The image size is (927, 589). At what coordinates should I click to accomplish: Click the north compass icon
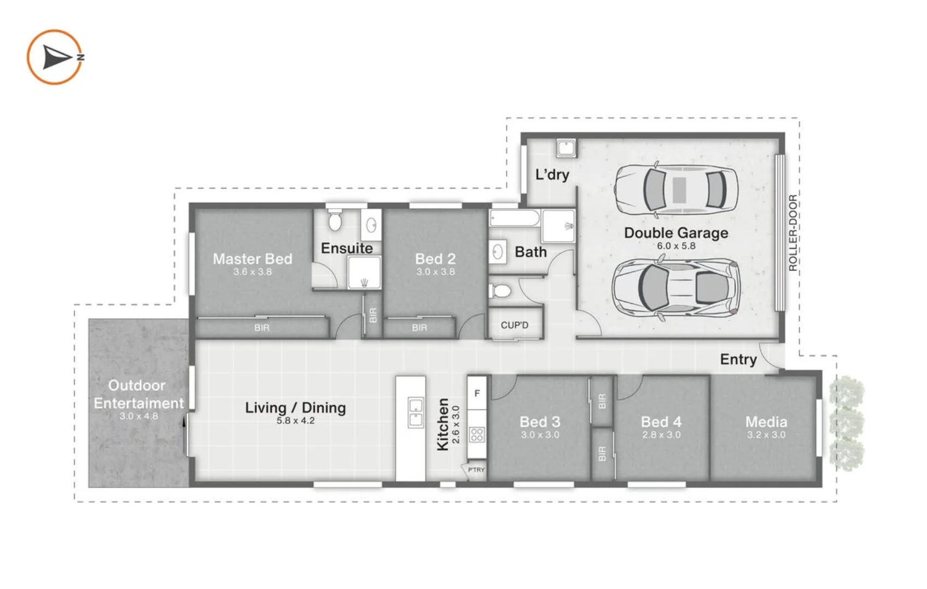pyautogui.click(x=55, y=57)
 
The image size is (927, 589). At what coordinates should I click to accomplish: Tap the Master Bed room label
pyautogui.click(x=252, y=259)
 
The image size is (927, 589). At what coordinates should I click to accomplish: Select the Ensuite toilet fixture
pyautogui.click(x=335, y=221)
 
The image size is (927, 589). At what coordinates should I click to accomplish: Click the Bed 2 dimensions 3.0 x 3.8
pyautogui.click(x=435, y=272)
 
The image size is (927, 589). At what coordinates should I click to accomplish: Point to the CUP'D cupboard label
pyautogui.click(x=514, y=325)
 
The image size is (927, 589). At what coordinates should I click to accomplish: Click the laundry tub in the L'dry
pyautogui.click(x=566, y=148)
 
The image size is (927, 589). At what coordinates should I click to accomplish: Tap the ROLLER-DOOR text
pyautogui.click(x=793, y=233)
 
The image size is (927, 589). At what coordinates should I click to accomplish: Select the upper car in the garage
pyautogui.click(x=676, y=189)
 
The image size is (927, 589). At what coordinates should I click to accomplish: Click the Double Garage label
pyautogui.click(x=676, y=233)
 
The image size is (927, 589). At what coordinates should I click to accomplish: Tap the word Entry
pyautogui.click(x=738, y=360)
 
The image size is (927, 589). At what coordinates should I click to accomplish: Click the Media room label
pyautogui.click(x=766, y=422)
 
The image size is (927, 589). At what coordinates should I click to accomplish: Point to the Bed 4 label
pyautogui.click(x=661, y=422)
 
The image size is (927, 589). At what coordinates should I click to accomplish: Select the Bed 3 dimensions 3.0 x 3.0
pyautogui.click(x=539, y=435)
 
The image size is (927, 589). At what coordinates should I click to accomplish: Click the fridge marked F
pyautogui.click(x=477, y=393)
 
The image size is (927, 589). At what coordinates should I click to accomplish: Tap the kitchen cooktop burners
pyautogui.click(x=477, y=434)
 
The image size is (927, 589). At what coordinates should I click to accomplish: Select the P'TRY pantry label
pyautogui.click(x=476, y=470)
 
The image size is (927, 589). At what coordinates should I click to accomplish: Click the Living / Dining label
pyautogui.click(x=295, y=408)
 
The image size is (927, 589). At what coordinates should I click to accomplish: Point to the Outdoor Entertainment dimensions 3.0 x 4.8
pyautogui.click(x=139, y=416)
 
